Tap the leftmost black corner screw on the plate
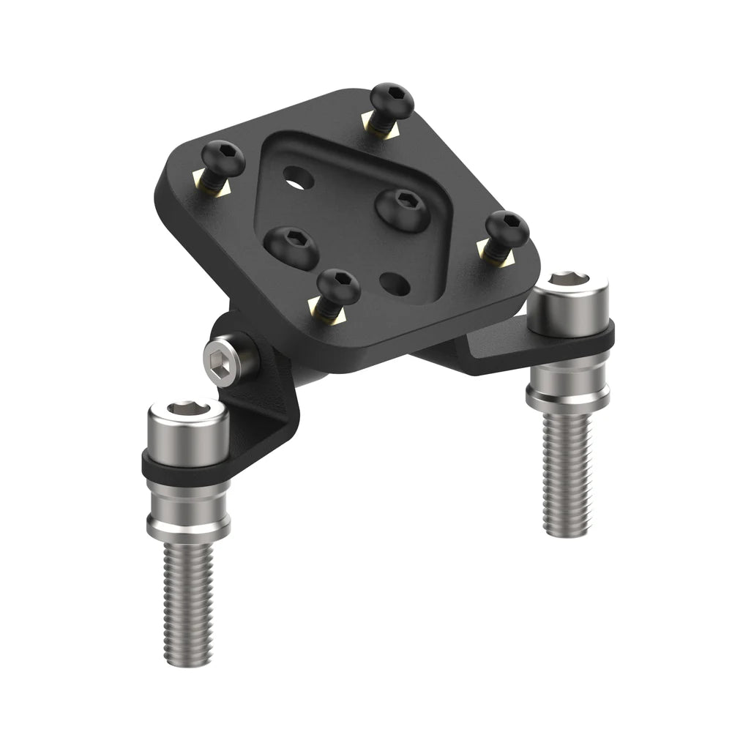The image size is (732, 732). (x=223, y=155)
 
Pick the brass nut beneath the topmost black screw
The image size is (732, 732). (x=383, y=129)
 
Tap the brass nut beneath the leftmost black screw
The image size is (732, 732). (x=215, y=186)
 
